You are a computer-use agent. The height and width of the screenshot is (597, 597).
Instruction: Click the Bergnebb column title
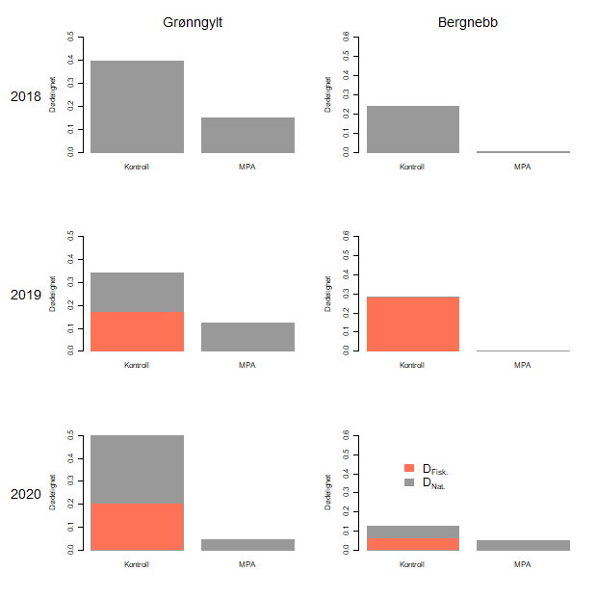tap(467, 20)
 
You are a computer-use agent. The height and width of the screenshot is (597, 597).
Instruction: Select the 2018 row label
tap(26, 96)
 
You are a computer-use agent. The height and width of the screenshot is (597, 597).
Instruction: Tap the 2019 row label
tap(26, 295)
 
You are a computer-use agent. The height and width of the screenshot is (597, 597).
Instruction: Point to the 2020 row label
tap(26, 494)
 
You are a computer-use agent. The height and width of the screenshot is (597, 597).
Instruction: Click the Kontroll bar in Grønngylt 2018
tap(137, 107)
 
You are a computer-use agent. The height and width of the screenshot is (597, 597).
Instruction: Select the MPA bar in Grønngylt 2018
tap(247, 135)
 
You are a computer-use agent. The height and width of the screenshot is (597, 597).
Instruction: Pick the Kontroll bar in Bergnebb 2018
tap(412, 129)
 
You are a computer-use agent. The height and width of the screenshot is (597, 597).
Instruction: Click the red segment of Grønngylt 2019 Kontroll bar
tap(137, 331)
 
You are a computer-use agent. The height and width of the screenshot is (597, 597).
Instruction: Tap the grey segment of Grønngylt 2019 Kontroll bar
tap(137, 292)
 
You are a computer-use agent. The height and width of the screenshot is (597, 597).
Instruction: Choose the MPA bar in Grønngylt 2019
tap(247, 337)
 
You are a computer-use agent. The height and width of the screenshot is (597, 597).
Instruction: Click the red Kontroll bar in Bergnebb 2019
tap(412, 324)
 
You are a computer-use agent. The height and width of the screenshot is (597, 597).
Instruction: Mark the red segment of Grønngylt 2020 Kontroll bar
tap(137, 528)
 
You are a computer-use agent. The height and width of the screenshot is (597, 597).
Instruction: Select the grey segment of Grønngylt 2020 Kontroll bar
tap(137, 470)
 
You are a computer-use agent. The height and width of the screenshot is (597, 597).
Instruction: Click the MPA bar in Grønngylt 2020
tap(247, 545)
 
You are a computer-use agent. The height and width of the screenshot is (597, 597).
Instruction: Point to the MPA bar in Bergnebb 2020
tap(523, 545)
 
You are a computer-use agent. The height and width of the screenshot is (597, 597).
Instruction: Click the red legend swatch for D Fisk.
tap(409, 468)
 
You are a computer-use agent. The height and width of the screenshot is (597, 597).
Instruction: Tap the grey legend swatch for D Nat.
tap(409, 481)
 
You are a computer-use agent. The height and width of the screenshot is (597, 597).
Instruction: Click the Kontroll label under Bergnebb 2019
tap(412, 365)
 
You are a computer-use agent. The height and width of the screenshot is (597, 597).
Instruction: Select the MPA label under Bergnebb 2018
tap(523, 167)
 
